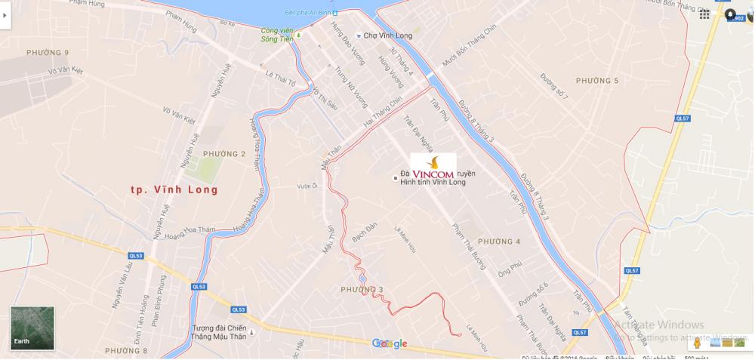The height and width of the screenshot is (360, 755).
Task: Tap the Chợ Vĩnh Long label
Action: [388, 35]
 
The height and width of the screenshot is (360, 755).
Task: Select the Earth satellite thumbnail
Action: [32, 328]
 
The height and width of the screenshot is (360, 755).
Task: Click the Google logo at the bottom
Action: [390, 344]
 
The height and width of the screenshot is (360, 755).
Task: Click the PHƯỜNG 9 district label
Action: [48, 52]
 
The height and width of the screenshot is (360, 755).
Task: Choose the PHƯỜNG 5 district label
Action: [596, 81]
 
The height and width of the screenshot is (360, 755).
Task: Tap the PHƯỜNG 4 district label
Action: [499, 242]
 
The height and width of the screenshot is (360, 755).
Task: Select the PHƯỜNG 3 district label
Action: [362, 289]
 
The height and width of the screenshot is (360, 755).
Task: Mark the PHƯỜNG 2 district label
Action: [224, 154]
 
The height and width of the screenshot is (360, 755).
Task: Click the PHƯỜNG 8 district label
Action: [126, 351]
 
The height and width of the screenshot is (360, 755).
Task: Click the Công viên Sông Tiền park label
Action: [277, 35]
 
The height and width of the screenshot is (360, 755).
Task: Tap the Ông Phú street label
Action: [509, 268]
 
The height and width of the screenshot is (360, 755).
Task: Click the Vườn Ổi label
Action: [306, 186]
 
